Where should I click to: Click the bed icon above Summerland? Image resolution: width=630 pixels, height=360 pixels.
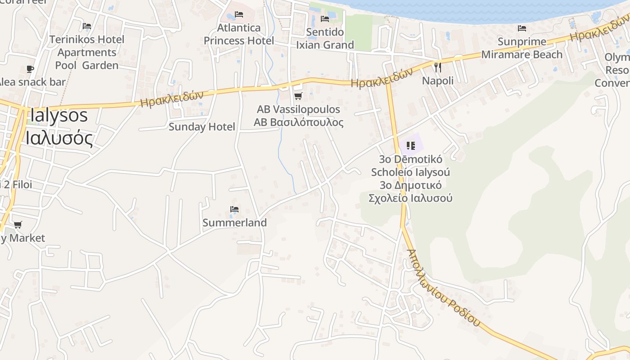pos(234,209)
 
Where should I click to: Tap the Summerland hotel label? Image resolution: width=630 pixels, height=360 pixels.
pos(234,223)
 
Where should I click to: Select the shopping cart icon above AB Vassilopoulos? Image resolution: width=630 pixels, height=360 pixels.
pos(298,96)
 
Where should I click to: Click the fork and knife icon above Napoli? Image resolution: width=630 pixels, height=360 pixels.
pos(437,67)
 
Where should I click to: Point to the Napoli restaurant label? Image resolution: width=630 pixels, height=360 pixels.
pos(437,81)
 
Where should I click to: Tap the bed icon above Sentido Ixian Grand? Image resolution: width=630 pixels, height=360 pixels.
pos(325,19)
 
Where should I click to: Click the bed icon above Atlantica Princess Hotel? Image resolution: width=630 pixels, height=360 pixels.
pos(239,14)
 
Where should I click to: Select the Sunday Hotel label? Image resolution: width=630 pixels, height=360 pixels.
pos(202,127)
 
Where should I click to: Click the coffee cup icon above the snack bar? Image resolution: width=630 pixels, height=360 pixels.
pos(30,69)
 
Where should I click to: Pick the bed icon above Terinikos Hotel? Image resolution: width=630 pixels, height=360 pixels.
pos(87,26)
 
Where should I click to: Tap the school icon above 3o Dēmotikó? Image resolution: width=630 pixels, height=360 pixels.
pos(410,145)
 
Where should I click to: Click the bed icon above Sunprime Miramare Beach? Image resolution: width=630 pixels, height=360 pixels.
pos(522,28)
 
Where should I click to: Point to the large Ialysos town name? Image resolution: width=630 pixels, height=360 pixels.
pos(58,116)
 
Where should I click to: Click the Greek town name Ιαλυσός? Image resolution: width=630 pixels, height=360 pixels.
pos(59,138)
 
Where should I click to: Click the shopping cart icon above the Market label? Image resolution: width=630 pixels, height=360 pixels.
pos(18,225)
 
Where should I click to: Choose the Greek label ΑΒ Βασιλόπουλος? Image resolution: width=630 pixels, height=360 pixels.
pos(298,122)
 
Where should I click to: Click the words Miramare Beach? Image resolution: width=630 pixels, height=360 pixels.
pos(522,54)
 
